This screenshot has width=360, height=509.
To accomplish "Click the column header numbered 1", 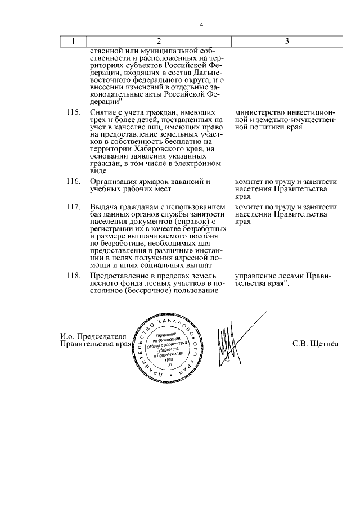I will [x=73, y=42].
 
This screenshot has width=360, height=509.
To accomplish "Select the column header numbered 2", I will [x=159, y=42].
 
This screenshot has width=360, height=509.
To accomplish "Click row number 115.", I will [x=73, y=112].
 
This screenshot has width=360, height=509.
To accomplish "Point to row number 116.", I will [x=73, y=182].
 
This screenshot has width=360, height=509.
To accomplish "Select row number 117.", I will [x=73, y=208].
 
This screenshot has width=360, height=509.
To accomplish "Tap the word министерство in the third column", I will [x=260, y=112].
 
